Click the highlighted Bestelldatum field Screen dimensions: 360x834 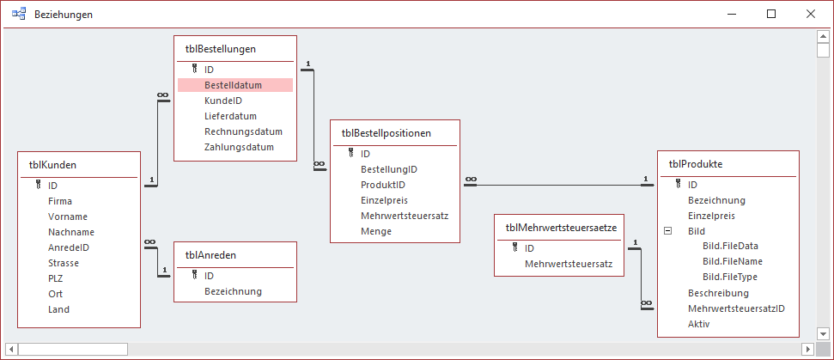point(233,85)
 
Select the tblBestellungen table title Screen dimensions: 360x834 point(220,49)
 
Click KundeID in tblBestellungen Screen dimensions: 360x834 point(223,101)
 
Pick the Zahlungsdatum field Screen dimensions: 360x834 point(239,147)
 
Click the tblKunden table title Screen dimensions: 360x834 point(54,164)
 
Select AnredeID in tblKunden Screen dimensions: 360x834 point(69,247)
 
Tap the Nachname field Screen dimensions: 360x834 point(71,232)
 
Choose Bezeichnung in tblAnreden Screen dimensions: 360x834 point(233,291)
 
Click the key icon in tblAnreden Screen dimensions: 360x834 point(195,276)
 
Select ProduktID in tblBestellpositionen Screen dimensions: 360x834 point(382,185)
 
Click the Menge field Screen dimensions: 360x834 point(375,231)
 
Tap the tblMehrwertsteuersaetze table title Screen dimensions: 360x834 point(558,228)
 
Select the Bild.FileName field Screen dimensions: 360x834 point(732,261)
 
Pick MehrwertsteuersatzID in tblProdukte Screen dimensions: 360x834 point(736,308)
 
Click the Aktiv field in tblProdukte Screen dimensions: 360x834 point(700,324)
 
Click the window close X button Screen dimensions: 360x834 point(810,14)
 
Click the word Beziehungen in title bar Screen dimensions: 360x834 point(64,15)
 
